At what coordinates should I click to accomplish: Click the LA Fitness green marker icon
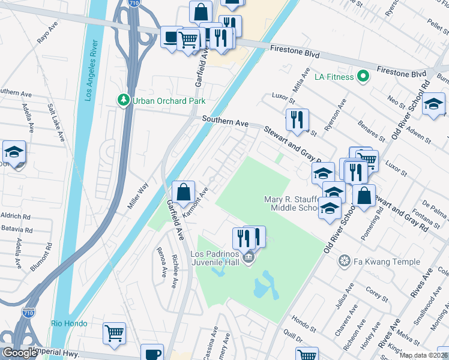(x=362, y=76)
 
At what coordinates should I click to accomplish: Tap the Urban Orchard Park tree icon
(x=124, y=100)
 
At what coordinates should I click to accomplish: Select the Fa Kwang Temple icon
(x=345, y=261)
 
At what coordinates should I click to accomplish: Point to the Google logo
(x=20, y=353)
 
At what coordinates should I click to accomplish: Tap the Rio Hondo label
(x=69, y=323)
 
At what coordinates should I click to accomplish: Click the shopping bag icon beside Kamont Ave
(x=184, y=193)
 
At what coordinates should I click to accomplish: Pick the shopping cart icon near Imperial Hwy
(x=114, y=333)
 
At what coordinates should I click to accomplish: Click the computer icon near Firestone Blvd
(x=170, y=38)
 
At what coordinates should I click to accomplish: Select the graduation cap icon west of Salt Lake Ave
(x=13, y=152)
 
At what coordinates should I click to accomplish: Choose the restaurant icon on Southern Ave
(x=297, y=120)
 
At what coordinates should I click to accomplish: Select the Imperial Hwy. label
(x=56, y=352)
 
